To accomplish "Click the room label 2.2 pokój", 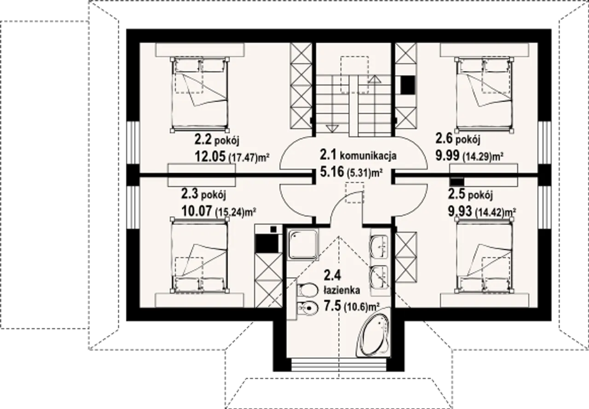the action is [x=217, y=139].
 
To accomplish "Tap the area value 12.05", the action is [x=210, y=157].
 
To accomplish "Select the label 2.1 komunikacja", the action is [x=358, y=155].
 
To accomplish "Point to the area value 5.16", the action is [x=332, y=172].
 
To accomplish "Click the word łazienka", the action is [x=341, y=290].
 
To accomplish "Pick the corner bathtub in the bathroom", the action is [x=373, y=333].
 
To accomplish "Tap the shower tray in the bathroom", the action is [x=303, y=244].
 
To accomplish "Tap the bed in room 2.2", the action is [x=200, y=95].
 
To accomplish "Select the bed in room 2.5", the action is [x=485, y=255].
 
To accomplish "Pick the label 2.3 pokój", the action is [x=203, y=195].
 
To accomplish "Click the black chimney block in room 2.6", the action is [x=408, y=85].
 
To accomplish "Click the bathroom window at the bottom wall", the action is [x=339, y=364].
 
